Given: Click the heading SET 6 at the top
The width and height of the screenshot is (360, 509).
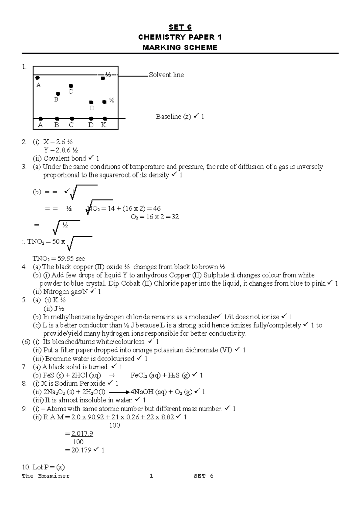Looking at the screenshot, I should (x=180, y=27).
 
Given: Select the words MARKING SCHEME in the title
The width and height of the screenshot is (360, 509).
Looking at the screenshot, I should (x=180, y=47).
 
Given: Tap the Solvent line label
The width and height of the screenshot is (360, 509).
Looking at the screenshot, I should (x=166, y=75).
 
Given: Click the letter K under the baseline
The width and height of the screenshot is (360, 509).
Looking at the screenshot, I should (x=104, y=125).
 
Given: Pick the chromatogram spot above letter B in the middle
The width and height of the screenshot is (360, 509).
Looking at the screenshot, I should (x=58, y=94).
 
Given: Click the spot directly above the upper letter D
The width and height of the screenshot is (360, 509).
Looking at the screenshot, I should (x=91, y=103).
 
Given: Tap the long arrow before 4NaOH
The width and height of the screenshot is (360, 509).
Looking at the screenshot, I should (x=119, y=392).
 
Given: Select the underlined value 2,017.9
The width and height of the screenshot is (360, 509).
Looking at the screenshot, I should (x=82, y=433).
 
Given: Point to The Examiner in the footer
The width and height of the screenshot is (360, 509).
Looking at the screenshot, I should (x=46, y=476).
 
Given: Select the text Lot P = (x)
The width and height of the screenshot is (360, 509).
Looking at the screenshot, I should (x=43, y=467).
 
